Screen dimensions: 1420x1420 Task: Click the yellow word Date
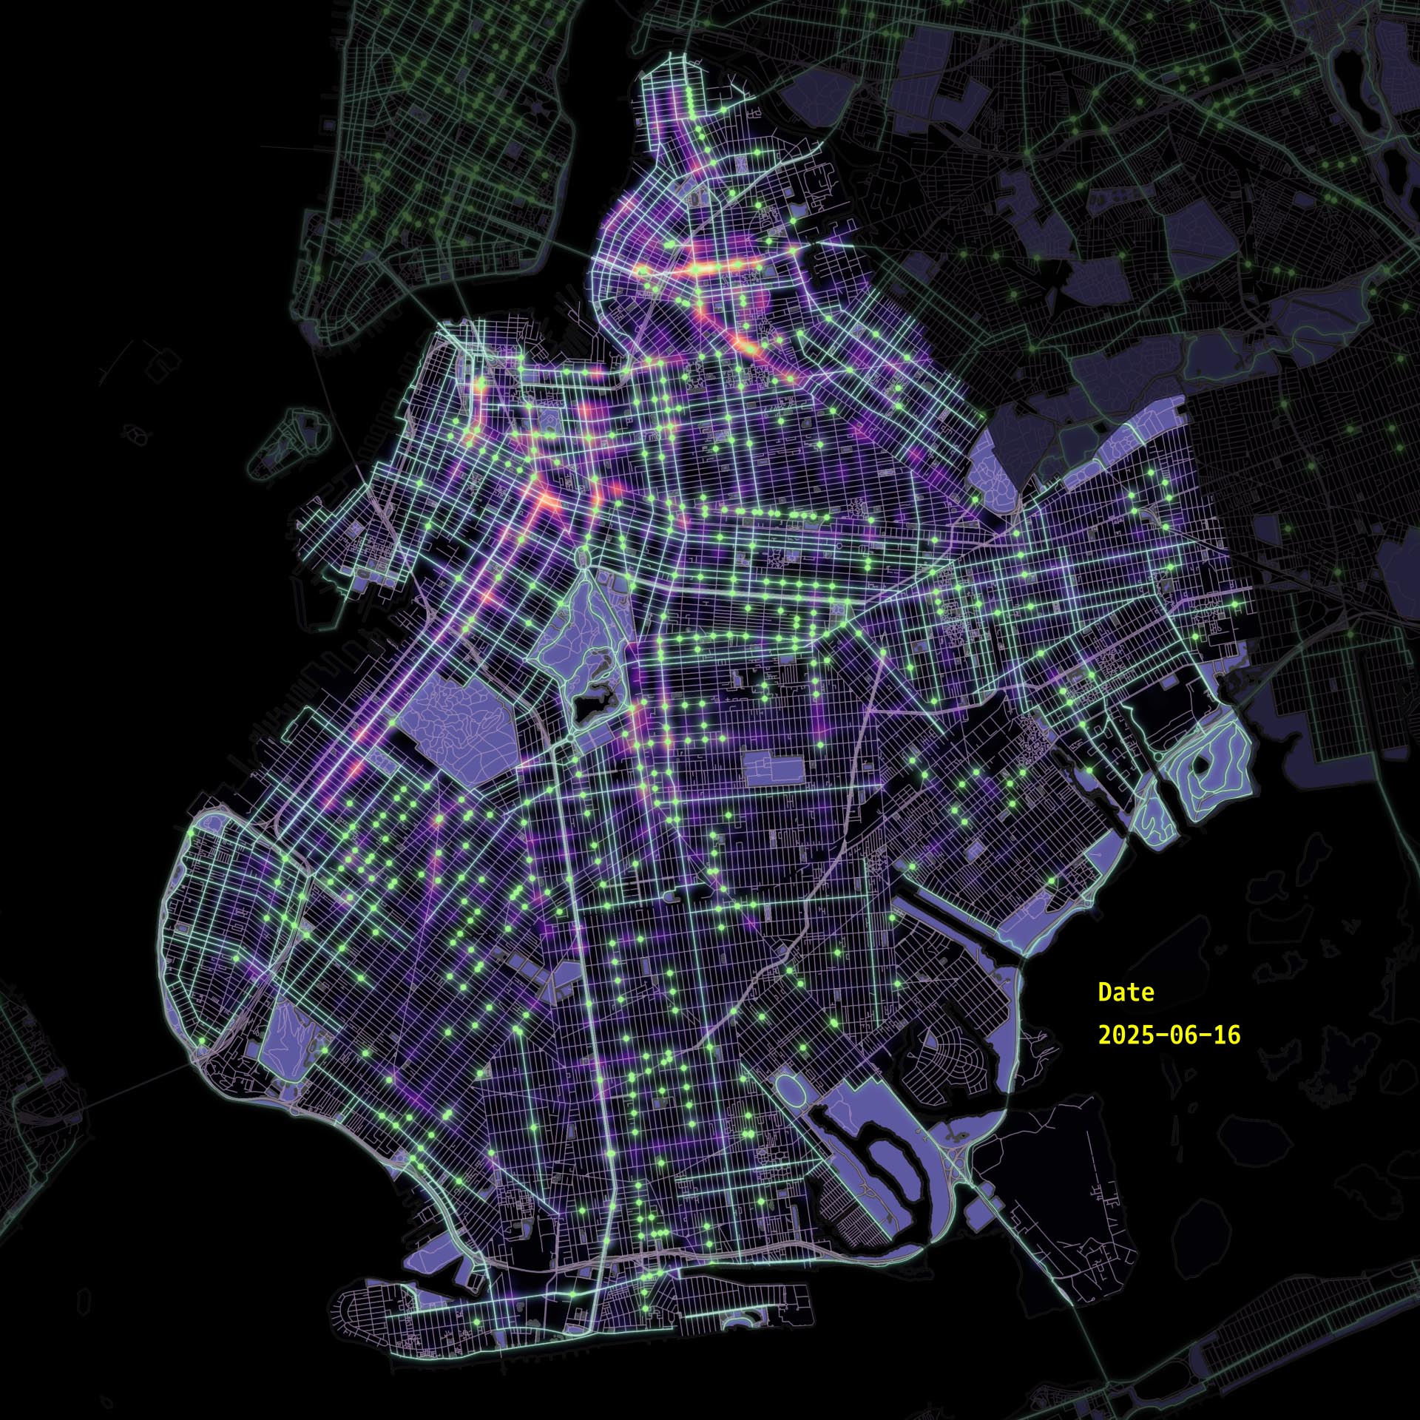click(1126, 992)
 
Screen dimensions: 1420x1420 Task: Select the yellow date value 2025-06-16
click(1169, 1034)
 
